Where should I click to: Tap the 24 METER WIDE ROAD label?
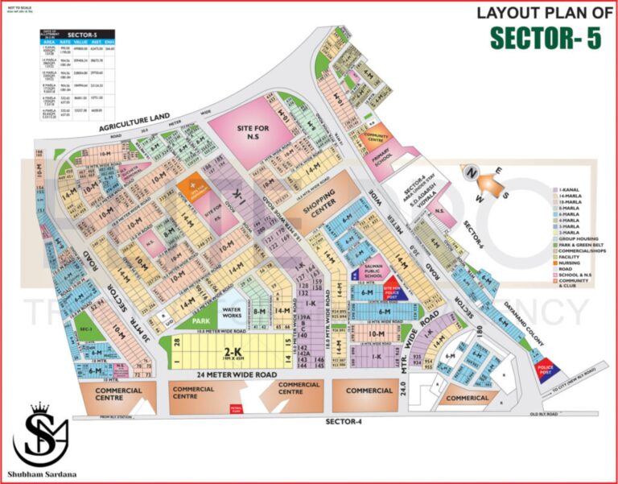[225, 374]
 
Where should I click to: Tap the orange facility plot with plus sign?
[192, 187]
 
